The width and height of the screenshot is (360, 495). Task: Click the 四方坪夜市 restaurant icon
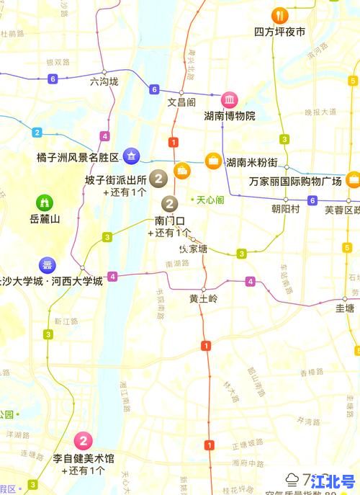point(279,16)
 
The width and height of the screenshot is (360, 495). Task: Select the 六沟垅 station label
point(104,82)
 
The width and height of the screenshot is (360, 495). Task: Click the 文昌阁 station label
point(182,102)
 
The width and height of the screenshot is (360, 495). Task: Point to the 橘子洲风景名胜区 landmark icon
point(131,156)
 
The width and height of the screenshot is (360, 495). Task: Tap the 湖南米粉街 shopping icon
point(213,161)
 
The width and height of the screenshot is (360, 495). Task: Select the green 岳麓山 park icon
point(45,202)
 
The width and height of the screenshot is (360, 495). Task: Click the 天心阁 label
point(210,199)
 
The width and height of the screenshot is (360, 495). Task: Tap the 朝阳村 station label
point(285,209)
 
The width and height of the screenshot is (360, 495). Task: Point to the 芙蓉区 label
point(342,210)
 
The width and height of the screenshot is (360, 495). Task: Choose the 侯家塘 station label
point(193,249)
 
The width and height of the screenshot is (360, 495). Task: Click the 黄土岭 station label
point(202,298)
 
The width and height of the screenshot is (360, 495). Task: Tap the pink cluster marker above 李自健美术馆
point(84,441)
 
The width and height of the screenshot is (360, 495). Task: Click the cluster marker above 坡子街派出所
point(159,176)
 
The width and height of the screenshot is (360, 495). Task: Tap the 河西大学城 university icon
point(48,264)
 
